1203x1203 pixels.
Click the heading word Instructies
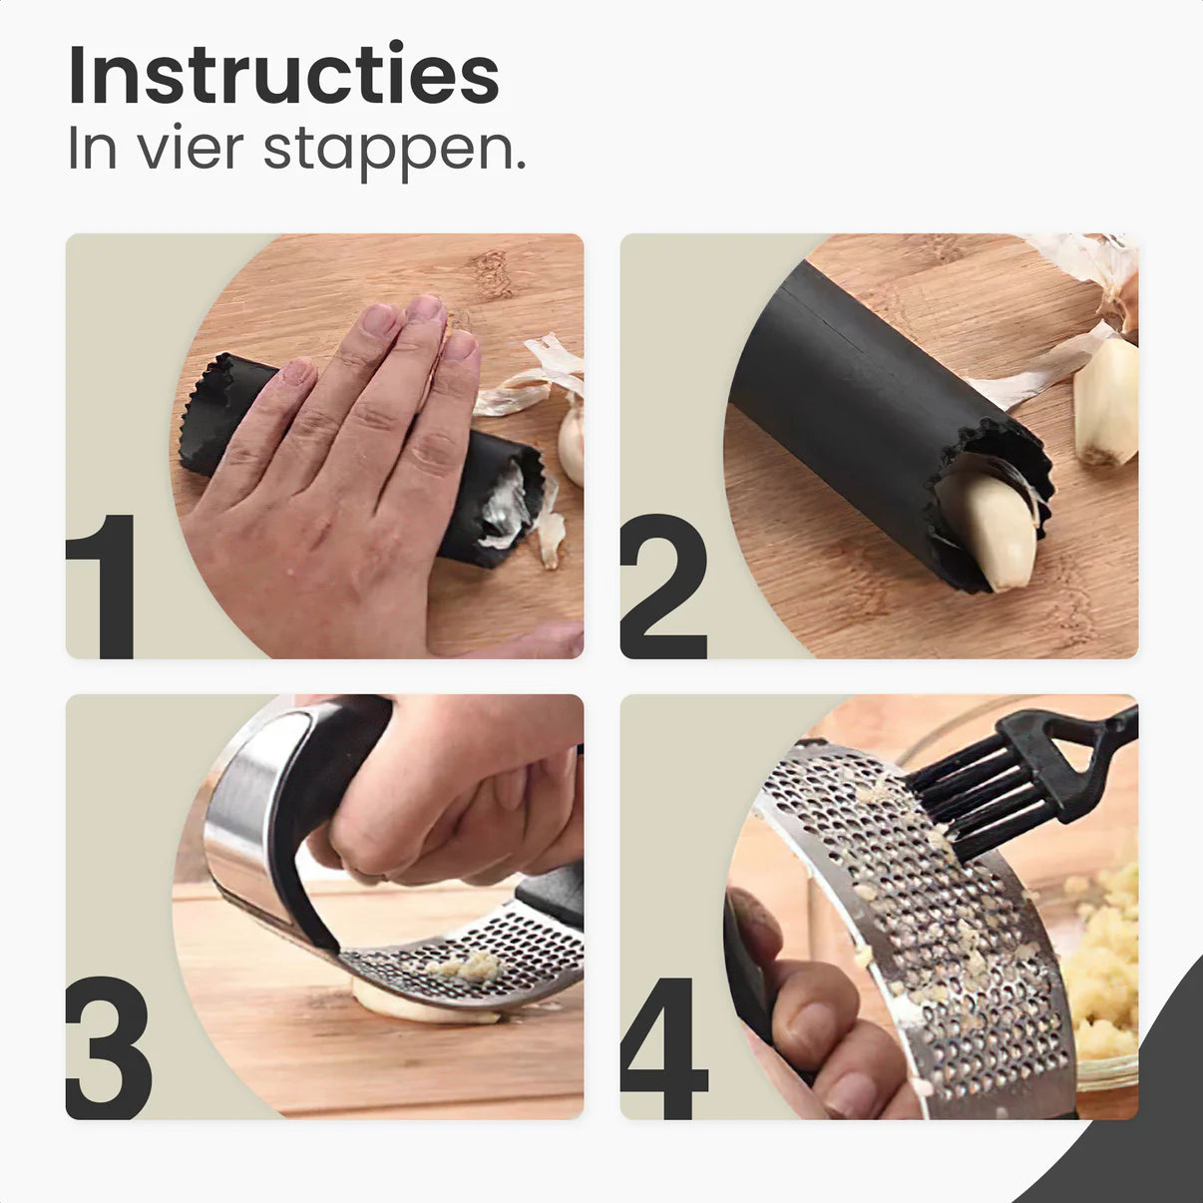(x=283, y=76)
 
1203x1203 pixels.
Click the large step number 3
(x=108, y=1047)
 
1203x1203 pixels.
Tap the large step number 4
(x=664, y=1047)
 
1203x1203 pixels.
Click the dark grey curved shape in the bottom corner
(x=1147, y=1127)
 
